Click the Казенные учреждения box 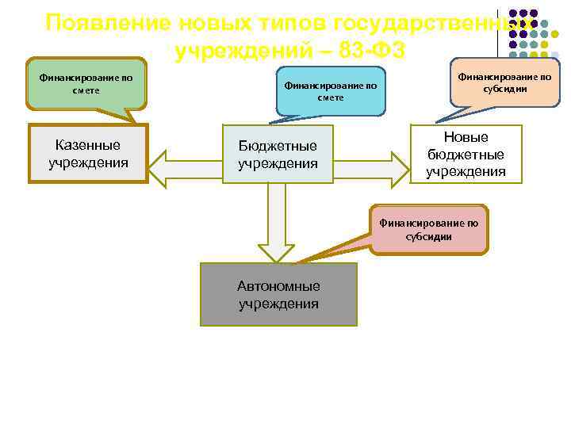(x=88, y=155)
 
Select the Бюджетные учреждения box (x=278, y=155)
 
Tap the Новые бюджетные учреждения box (x=466, y=154)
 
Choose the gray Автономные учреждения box (x=278, y=295)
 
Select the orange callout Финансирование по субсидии (x=504, y=83)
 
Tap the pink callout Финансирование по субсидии (x=428, y=229)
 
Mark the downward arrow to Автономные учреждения (x=277, y=222)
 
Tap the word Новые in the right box (x=466, y=137)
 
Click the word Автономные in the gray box (x=278, y=286)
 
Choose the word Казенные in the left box (x=88, y=145)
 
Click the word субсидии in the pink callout (x=428, y=236)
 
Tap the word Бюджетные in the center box (x=278, y=146)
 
